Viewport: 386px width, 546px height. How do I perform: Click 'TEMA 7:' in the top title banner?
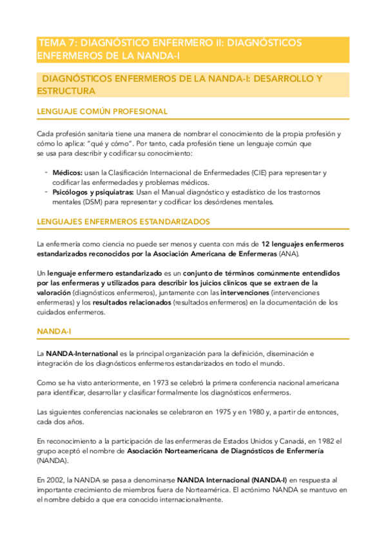click(55, 42)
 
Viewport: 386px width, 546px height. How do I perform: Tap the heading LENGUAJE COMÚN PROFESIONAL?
click(102, 111)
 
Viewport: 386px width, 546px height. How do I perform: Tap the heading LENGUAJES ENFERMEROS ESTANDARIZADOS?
click(124, 221)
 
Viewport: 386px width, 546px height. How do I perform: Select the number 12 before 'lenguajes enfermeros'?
click(265, 244)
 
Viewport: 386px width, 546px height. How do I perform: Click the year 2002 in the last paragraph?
click(55, 480)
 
